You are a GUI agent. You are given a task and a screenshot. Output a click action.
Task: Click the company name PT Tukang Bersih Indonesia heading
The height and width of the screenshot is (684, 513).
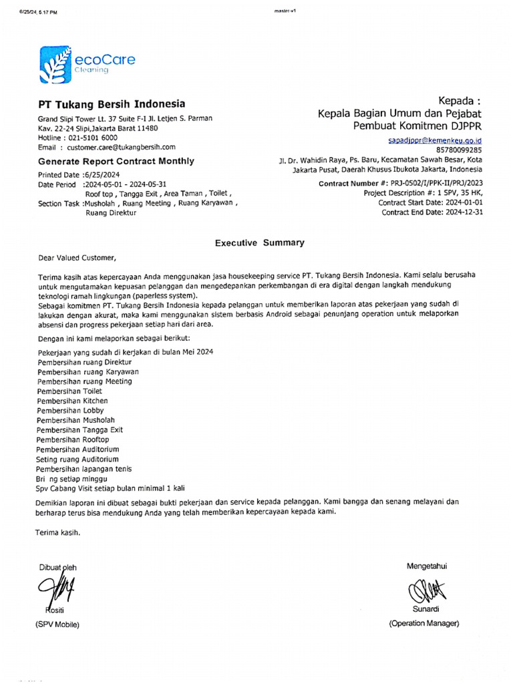112,105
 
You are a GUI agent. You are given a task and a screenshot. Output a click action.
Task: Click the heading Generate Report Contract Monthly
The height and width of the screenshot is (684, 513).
116,161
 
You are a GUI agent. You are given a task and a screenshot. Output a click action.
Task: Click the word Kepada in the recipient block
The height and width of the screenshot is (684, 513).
458,100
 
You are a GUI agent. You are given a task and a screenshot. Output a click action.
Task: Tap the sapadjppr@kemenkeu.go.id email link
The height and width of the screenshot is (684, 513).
435,141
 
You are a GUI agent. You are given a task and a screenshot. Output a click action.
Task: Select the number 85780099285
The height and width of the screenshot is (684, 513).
459,150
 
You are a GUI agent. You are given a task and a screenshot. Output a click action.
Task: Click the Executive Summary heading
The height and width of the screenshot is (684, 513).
259,243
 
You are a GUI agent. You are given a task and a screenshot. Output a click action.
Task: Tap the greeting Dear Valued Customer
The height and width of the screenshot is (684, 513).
76,258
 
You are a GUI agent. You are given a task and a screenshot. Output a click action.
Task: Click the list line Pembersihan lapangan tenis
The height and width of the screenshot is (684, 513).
85,469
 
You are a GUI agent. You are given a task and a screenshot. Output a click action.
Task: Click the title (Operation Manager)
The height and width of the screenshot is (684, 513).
424,623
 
